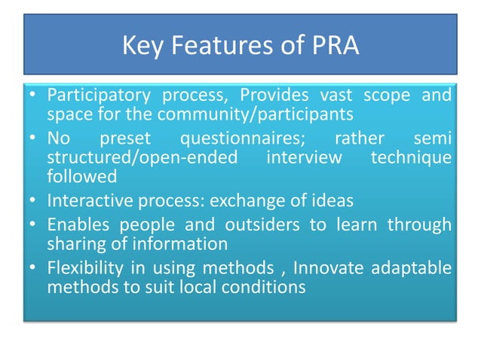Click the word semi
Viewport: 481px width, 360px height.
(x=434, y=140)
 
